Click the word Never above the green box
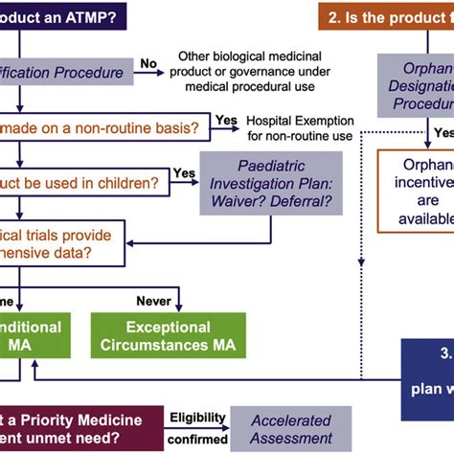pyautogui.click(x=153, y=301)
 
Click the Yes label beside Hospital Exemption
pyautogui.click(x=227, y=120)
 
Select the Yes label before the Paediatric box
pyautogui.click(x=184, y=172)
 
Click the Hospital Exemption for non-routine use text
pyautogui.click(x=301, y=127)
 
